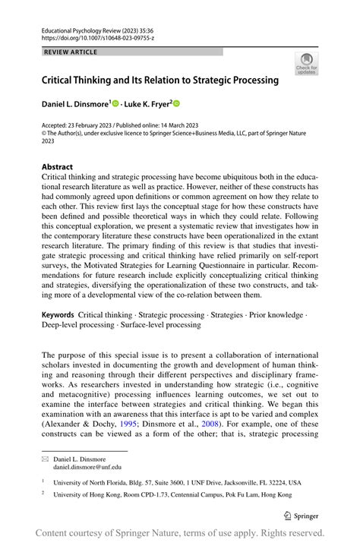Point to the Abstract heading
(57, 167)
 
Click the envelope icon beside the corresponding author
(46, 459)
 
